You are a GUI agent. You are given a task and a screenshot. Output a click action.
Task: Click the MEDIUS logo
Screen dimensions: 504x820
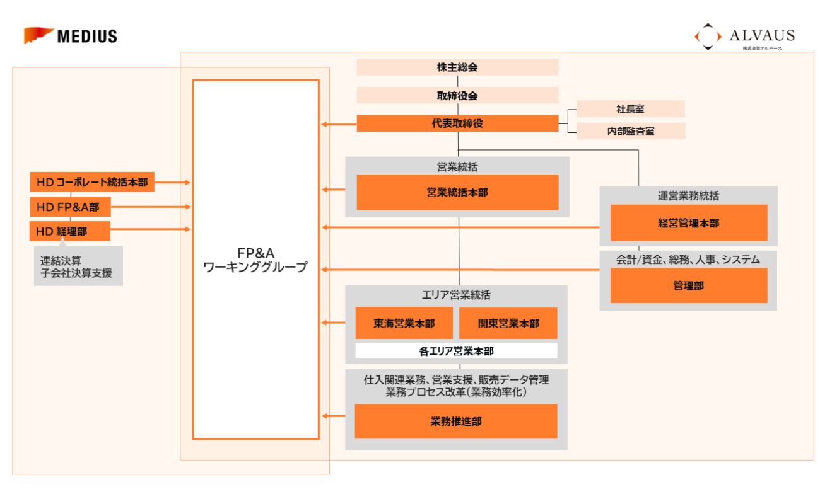(71, 36)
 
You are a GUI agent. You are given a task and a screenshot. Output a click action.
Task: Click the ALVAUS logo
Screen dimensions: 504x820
(744, 37)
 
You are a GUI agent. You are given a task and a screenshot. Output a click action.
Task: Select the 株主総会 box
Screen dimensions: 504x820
(457, 67)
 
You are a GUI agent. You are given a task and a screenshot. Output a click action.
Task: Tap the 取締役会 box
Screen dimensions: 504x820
(457, 95)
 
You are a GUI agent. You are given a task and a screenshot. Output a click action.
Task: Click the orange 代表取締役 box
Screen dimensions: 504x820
(457, 123)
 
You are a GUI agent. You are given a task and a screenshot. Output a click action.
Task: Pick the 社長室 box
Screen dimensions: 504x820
(630, 109)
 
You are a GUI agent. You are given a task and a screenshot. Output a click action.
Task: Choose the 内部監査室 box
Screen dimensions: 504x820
(630, 131)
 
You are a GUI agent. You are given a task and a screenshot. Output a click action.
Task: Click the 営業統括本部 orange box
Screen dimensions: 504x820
(457, 192)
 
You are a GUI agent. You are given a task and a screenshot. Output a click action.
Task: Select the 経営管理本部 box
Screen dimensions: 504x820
(688, 222)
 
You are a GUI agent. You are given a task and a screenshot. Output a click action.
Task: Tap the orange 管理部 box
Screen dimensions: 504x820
(688, 285)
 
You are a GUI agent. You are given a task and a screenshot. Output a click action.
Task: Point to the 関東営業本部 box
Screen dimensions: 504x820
(508, 324)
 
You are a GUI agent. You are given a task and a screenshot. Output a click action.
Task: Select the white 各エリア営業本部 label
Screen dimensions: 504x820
(456, 351)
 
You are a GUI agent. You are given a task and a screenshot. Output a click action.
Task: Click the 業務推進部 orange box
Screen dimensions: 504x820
(456, 421)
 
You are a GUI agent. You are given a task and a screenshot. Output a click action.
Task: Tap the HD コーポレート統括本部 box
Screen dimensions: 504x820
(92, 182)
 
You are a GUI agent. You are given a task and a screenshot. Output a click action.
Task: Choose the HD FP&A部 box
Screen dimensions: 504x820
(69, 207)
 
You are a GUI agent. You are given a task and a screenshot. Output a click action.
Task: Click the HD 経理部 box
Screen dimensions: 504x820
(69, 231)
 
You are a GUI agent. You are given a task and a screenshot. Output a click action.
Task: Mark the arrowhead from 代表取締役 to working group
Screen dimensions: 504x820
(324, 124)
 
